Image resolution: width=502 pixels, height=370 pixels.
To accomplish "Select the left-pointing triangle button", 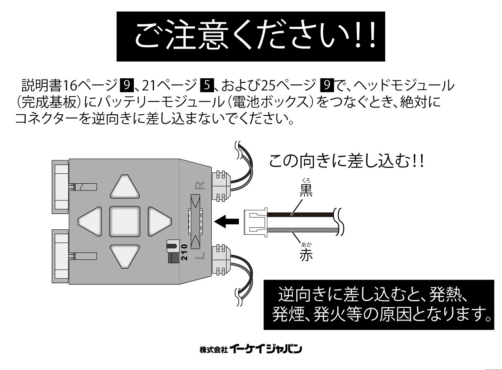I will pos(91,221).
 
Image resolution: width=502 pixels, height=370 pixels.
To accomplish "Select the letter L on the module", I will pos(200,256).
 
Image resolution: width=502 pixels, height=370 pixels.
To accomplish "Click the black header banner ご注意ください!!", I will pos(250,36).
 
